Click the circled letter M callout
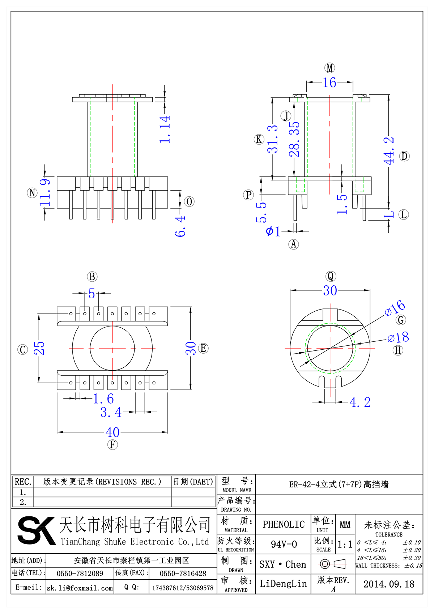[x=329, y=68]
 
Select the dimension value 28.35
[x=294, y=139]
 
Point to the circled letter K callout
[x=259, y=139]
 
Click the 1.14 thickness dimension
[x=165, y=129]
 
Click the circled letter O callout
[x=189, y=201]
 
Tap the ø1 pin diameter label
[x=273, y=231]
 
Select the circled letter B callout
[x=92, y=277]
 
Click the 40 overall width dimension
[x=112, y=432]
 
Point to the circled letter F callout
[x=112, y=444]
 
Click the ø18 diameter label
[x=398, y=337]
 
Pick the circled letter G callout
[x=401, y=320]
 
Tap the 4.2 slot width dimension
[x=360, y=402]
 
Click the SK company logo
[x=36, y=530]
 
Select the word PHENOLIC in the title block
[x=284, y=524]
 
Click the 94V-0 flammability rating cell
[x=284, y=544]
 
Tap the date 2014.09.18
[x=389, y=584]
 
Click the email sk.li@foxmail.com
[x=80, y=588]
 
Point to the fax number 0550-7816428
[x=183, y=574]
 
